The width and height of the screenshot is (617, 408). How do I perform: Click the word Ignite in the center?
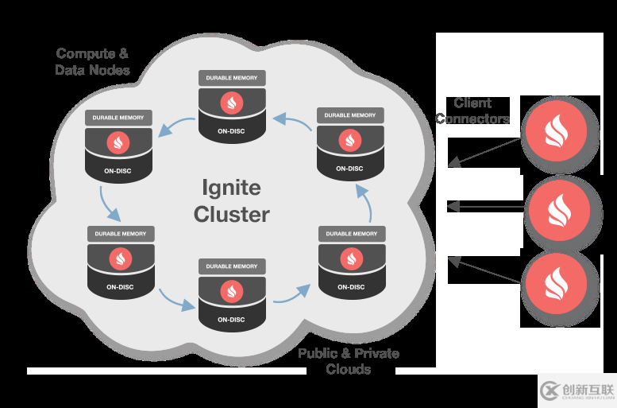(x=231, y=188)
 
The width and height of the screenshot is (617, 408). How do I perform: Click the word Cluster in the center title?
(x=232, y=214)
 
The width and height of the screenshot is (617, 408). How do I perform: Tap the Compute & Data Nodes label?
(x=92, y=62)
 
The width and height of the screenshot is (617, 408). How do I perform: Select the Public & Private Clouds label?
(x=349, y=361)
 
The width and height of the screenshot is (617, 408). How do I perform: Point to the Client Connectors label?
(x=472, y=111)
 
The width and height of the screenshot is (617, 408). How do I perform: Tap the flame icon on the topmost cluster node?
(x=232, y=102)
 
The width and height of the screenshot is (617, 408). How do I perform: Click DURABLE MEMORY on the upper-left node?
(x=118, y=118)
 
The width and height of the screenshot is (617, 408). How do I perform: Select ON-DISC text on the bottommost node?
(x=232, y=320)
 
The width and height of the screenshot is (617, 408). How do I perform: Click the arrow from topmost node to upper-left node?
(x=175, y=125)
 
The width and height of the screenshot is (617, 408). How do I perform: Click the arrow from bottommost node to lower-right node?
(x=291, y=293)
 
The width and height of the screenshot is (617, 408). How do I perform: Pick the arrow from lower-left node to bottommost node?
(x=175, y=300)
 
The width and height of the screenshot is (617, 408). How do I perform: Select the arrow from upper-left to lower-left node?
(x=109, y=204)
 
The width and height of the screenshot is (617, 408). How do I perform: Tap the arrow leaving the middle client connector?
(x=486, y=207)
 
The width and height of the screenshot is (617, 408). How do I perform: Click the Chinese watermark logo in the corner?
(x=577, y=390)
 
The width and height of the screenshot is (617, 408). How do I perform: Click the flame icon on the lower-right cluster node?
(x=350, y=258)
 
